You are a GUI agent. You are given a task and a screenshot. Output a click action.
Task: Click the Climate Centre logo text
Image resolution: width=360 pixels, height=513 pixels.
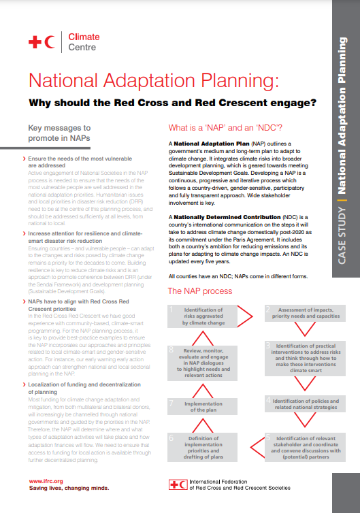coord(84,42)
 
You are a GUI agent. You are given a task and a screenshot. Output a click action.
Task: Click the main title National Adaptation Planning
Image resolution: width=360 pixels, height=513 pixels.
coord(154,82)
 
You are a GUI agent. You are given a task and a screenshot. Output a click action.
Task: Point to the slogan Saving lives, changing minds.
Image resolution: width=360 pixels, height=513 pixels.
coord(68,489)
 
